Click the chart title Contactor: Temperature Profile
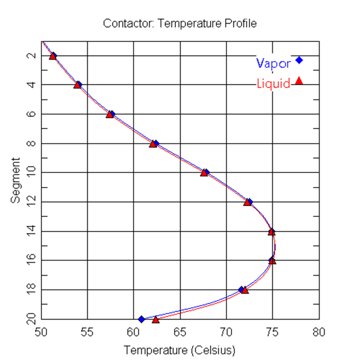point(179,23)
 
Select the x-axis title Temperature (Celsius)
point(179,349)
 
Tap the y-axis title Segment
point(16,180)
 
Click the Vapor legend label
point(273,63)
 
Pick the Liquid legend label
point(273,83)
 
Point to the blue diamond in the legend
point(299,60)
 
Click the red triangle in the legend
point(299,81)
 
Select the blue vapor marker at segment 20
point(141,319)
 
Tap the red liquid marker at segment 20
point(156,320)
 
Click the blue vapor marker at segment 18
point(241,289)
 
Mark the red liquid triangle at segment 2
point(52,56)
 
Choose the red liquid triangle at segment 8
point(153,144)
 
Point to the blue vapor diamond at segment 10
point(206,172)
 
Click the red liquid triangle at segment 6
point(109,115)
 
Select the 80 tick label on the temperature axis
point(319,333)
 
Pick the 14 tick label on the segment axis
point(30,231)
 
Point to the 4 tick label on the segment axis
point(30,84)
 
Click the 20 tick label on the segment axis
point(30,319)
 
